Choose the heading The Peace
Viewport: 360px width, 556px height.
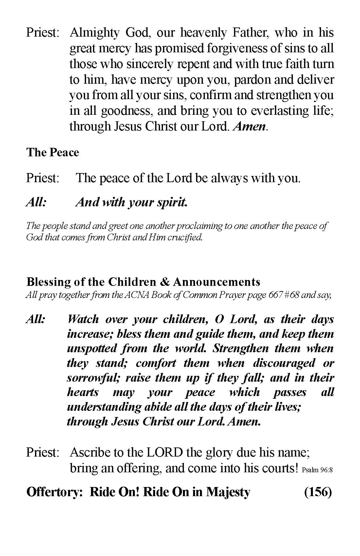tap(53, 152)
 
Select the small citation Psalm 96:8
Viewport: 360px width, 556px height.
tap(317, 470)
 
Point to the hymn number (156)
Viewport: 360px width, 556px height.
tap(318, 492)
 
